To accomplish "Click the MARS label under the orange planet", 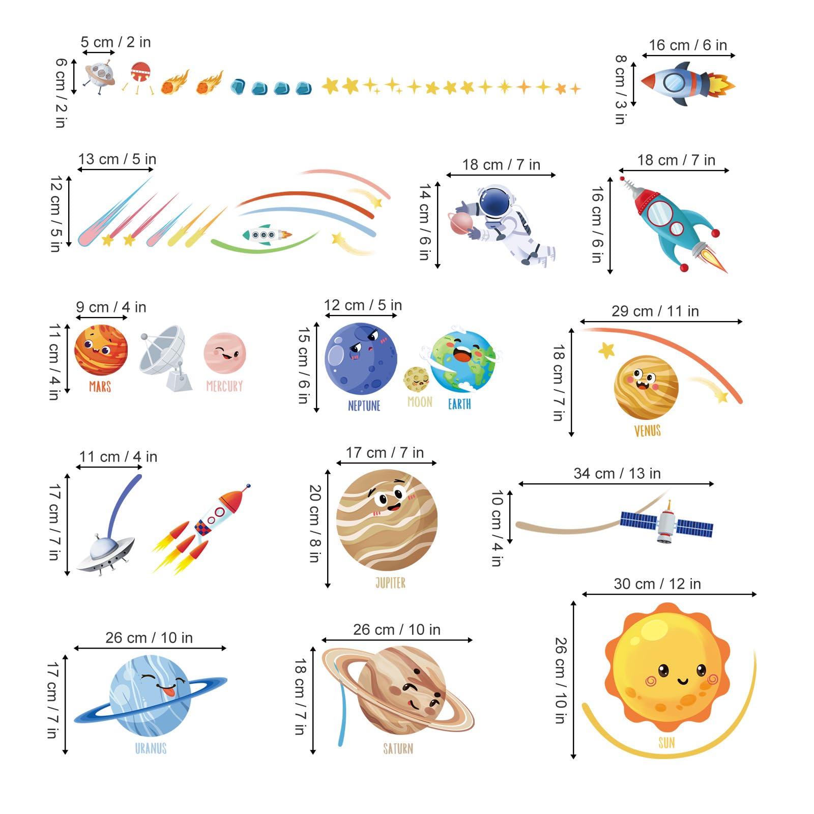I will [100, 387].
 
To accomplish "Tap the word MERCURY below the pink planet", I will [224, 386].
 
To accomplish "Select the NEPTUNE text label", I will [364, 405].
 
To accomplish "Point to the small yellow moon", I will [417, 379].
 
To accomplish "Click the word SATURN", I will [398, 748].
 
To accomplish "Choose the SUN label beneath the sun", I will [666, 743].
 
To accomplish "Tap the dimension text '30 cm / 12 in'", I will [657, 584].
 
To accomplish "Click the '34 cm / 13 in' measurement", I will [617, 473].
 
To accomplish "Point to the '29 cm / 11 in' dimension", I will [655, 311].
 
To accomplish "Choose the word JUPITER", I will [390, 583].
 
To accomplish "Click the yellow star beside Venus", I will [606, 350].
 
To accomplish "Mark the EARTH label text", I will [459, 404].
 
